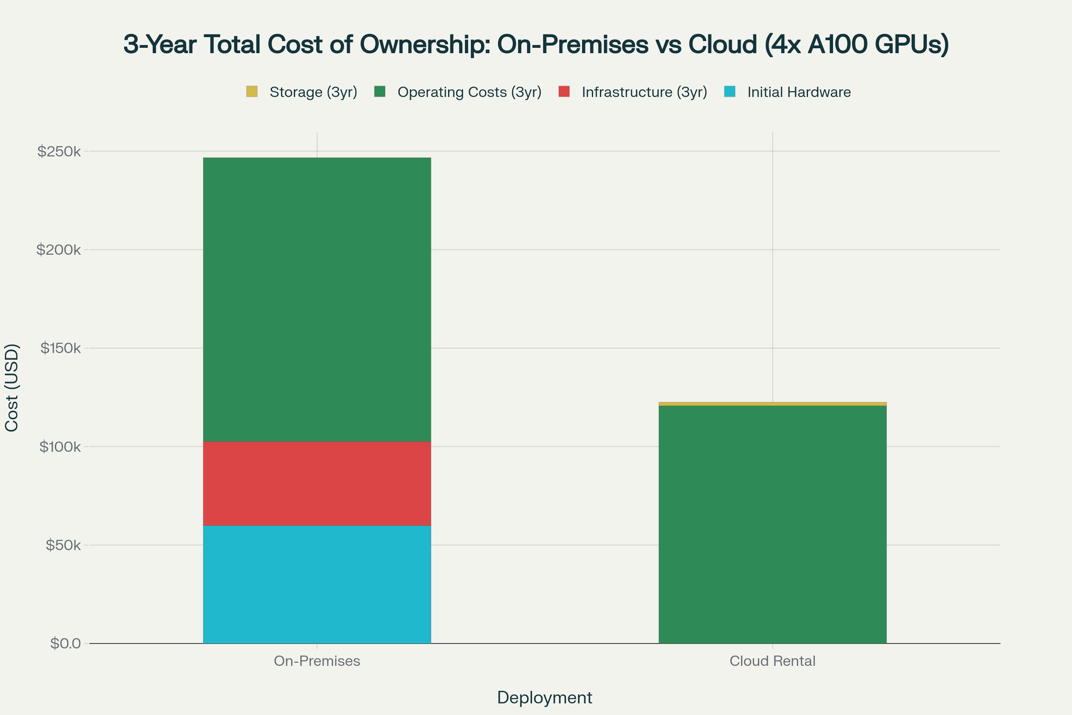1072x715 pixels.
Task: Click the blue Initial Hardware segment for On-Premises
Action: (317, 585)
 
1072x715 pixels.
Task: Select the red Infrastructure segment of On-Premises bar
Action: (317, 484)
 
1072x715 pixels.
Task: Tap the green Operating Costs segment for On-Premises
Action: (317, 299)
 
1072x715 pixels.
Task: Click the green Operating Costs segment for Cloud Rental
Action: (773, 524)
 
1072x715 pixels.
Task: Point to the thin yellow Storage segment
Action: (773, 404)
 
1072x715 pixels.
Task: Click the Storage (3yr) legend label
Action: (313, 92)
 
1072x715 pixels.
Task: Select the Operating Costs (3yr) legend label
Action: (469, 92)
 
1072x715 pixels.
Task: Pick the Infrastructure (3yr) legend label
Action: (644, 92)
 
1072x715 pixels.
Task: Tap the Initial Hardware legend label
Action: (799, 92)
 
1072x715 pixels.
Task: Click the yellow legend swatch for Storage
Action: (251, 92)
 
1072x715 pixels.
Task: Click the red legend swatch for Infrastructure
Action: (564, 92)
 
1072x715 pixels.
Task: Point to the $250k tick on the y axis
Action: (59, 151)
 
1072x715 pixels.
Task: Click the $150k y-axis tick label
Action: (61, 349)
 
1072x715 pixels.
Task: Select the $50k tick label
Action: (63, 545)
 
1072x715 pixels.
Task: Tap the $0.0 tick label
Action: (66, 644)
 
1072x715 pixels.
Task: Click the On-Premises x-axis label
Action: (317, 661)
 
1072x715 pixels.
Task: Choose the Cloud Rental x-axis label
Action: (773, 661)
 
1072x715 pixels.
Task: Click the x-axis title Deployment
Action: (544, 698)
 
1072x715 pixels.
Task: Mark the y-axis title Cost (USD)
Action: (12, 387)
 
